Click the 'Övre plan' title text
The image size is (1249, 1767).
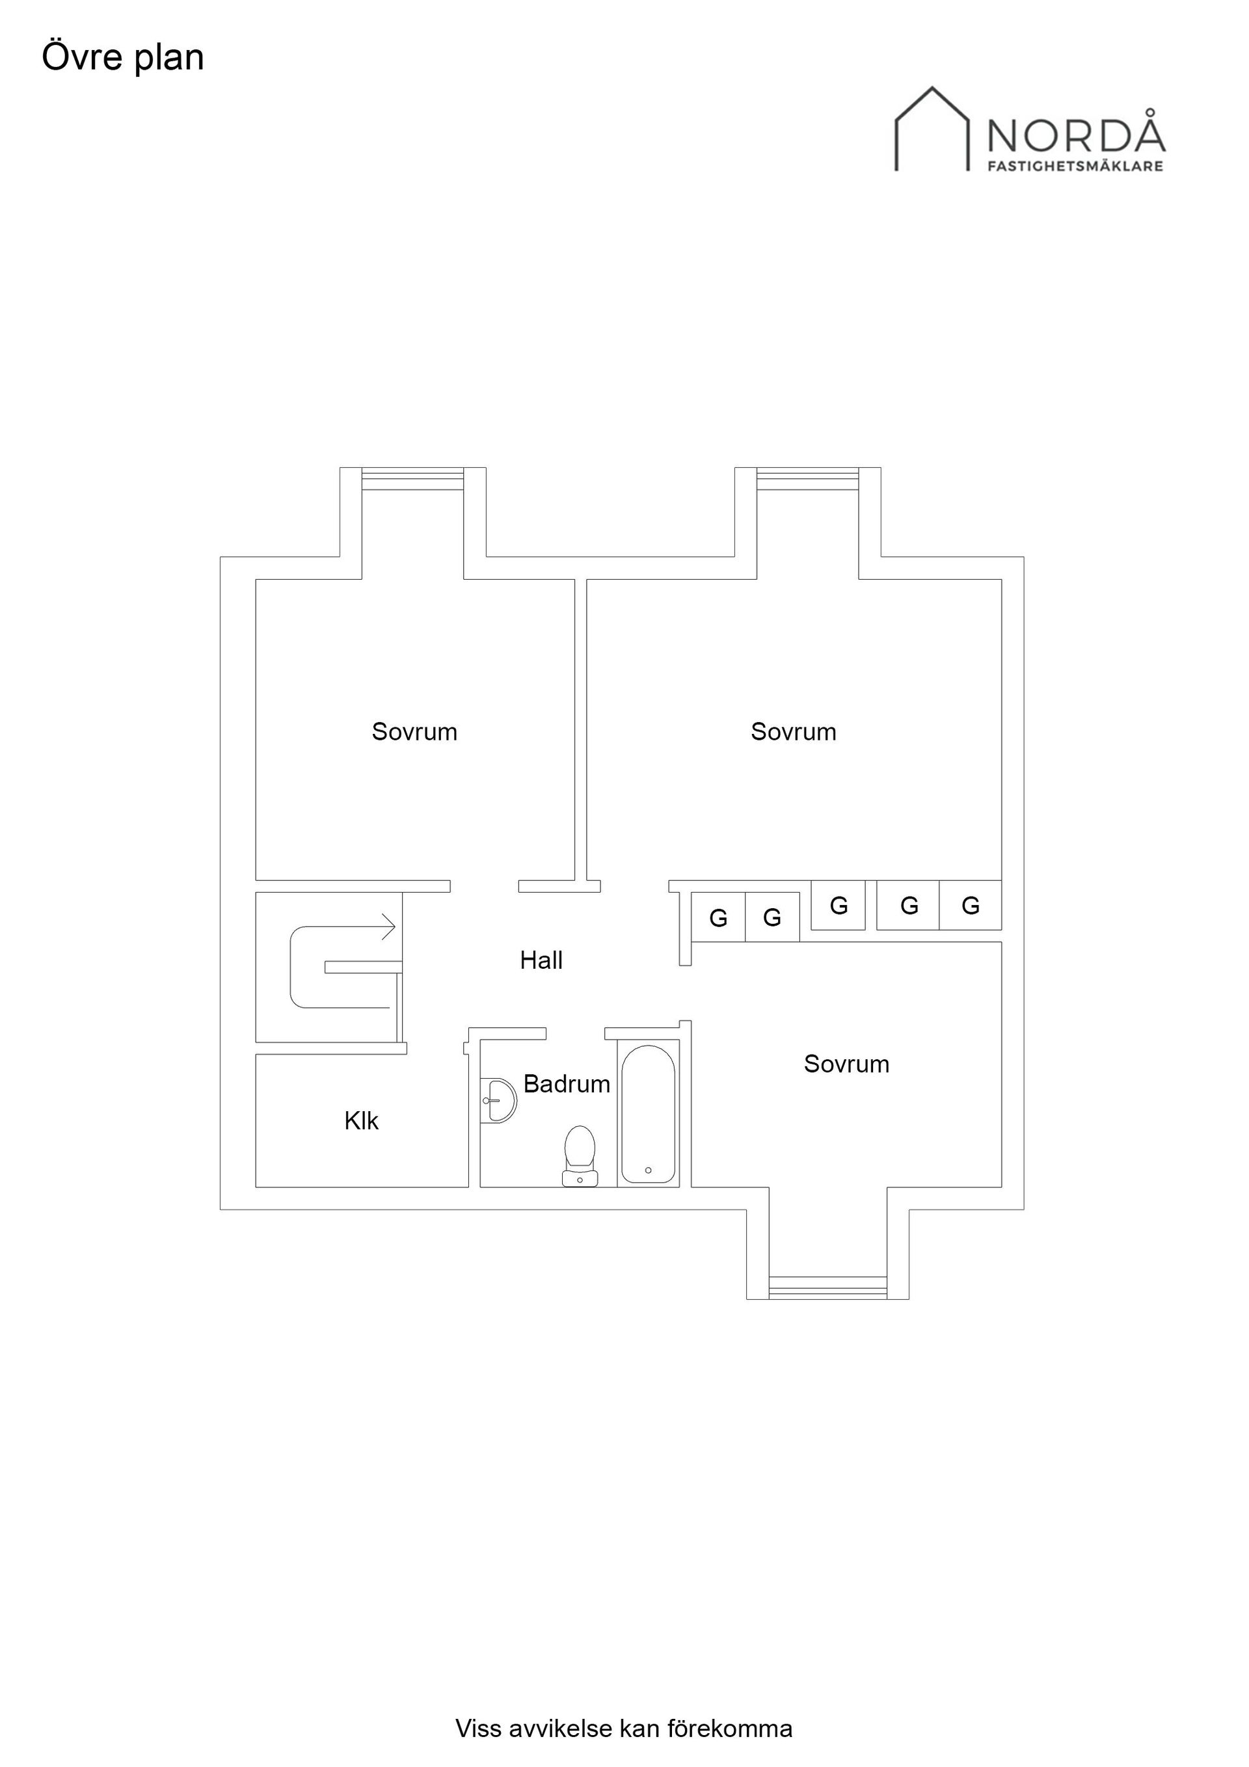[123, 59]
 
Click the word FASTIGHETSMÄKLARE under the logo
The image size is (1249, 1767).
[1076, 165]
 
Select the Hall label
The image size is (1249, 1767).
[541, 960]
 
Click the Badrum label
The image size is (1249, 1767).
[567, 1084]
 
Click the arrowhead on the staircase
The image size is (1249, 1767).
[390, 926]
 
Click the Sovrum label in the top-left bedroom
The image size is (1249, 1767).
[414, 731]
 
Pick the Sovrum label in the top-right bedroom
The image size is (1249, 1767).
[794, 731]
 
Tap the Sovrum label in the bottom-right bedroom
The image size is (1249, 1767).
[846, 1064]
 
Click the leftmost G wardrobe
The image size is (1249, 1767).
[718, 917]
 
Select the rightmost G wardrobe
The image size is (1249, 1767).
[971, 905]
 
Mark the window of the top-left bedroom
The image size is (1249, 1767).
[412, 479]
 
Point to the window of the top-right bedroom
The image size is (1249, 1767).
[807, 479]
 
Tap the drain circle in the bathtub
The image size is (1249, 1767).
[648, 1170]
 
